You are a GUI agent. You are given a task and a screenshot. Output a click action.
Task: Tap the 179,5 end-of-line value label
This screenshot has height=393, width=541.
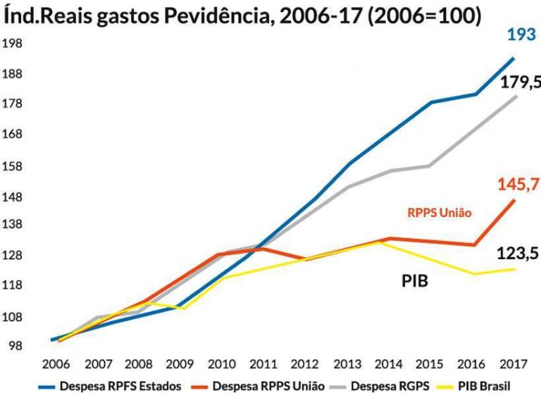[x=520, y=82]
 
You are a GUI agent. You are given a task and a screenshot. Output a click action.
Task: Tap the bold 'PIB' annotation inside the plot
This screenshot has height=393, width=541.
[x=416, y=281]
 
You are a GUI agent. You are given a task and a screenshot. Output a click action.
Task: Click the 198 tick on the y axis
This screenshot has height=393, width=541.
[x=13, y=44]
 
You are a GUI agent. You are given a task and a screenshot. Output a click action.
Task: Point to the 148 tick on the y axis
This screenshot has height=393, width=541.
[x=13, y=194]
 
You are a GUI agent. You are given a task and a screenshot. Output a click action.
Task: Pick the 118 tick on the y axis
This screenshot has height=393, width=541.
[x=13, y=285]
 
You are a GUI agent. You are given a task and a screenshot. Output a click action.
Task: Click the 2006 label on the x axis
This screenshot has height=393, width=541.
[x=55, y=366]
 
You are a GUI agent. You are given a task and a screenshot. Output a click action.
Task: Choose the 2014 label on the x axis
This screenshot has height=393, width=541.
[x=390, y=366]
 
